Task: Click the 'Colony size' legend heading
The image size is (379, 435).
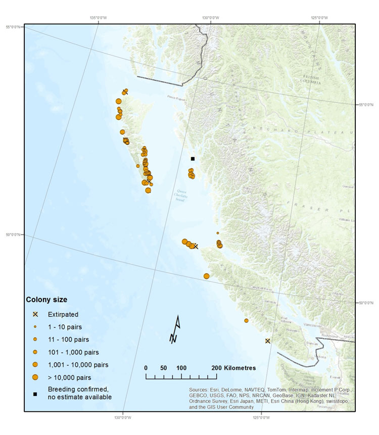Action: pyautogui.click(x=46, y=300)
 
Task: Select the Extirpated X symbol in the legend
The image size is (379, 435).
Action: pyautogui.click(x=35, y=314)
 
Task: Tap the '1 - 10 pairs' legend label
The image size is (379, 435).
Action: pyautogui.click(x=65, y=326)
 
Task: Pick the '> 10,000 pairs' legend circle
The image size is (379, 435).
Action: pyautogui.click(x=35, y=377)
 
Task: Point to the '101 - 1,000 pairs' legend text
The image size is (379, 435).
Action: pyautogui.click(x=73, y=352)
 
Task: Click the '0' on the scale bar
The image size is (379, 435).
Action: pyautogui.click(x=146, y=367)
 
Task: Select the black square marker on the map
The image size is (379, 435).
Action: pyautogui.click(x=193, y=159)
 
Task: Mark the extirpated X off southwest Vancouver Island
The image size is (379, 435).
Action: pyautogui.click(x=268, y=341)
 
